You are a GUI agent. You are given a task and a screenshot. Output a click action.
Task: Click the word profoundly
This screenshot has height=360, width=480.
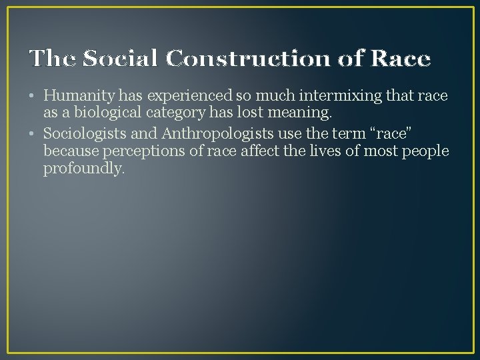click(x=83, y=169)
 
